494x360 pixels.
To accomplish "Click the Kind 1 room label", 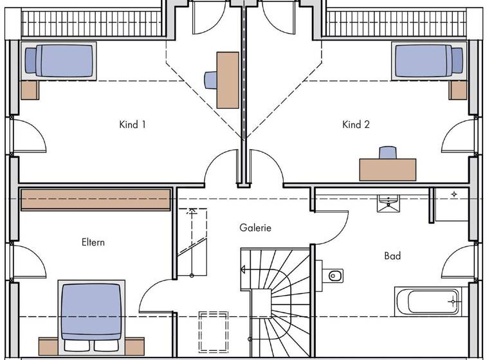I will click(x=133, y=125).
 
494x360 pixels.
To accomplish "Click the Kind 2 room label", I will click(x=356, y=125).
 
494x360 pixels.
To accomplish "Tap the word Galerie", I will click(x=255, y=228).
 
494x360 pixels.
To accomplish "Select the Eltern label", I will click(x=93, y=242).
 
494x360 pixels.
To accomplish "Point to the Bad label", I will click(x=392, y=256).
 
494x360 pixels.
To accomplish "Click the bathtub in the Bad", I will click(x=428, y=301).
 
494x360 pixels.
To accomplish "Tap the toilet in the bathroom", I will click(x=333, y=275).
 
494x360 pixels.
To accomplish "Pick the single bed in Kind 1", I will click(x=59, y=61).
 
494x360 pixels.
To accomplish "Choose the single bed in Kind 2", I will click(x=428, y=61).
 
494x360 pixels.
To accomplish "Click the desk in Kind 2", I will click(x=387, y=170).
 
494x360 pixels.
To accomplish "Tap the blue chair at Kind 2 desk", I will click(x=387, y=153).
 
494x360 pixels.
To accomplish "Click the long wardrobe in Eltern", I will click(x=96, y=200).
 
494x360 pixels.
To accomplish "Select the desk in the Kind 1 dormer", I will click(x=228, y=80).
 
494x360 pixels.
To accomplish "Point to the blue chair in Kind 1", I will click(x=211, y=80).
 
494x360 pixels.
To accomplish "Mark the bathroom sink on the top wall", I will click(x=389, y=202).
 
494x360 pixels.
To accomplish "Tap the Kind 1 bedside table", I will click(x=30, y=90).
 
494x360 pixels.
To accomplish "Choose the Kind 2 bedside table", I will click(x=458, y=90).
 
